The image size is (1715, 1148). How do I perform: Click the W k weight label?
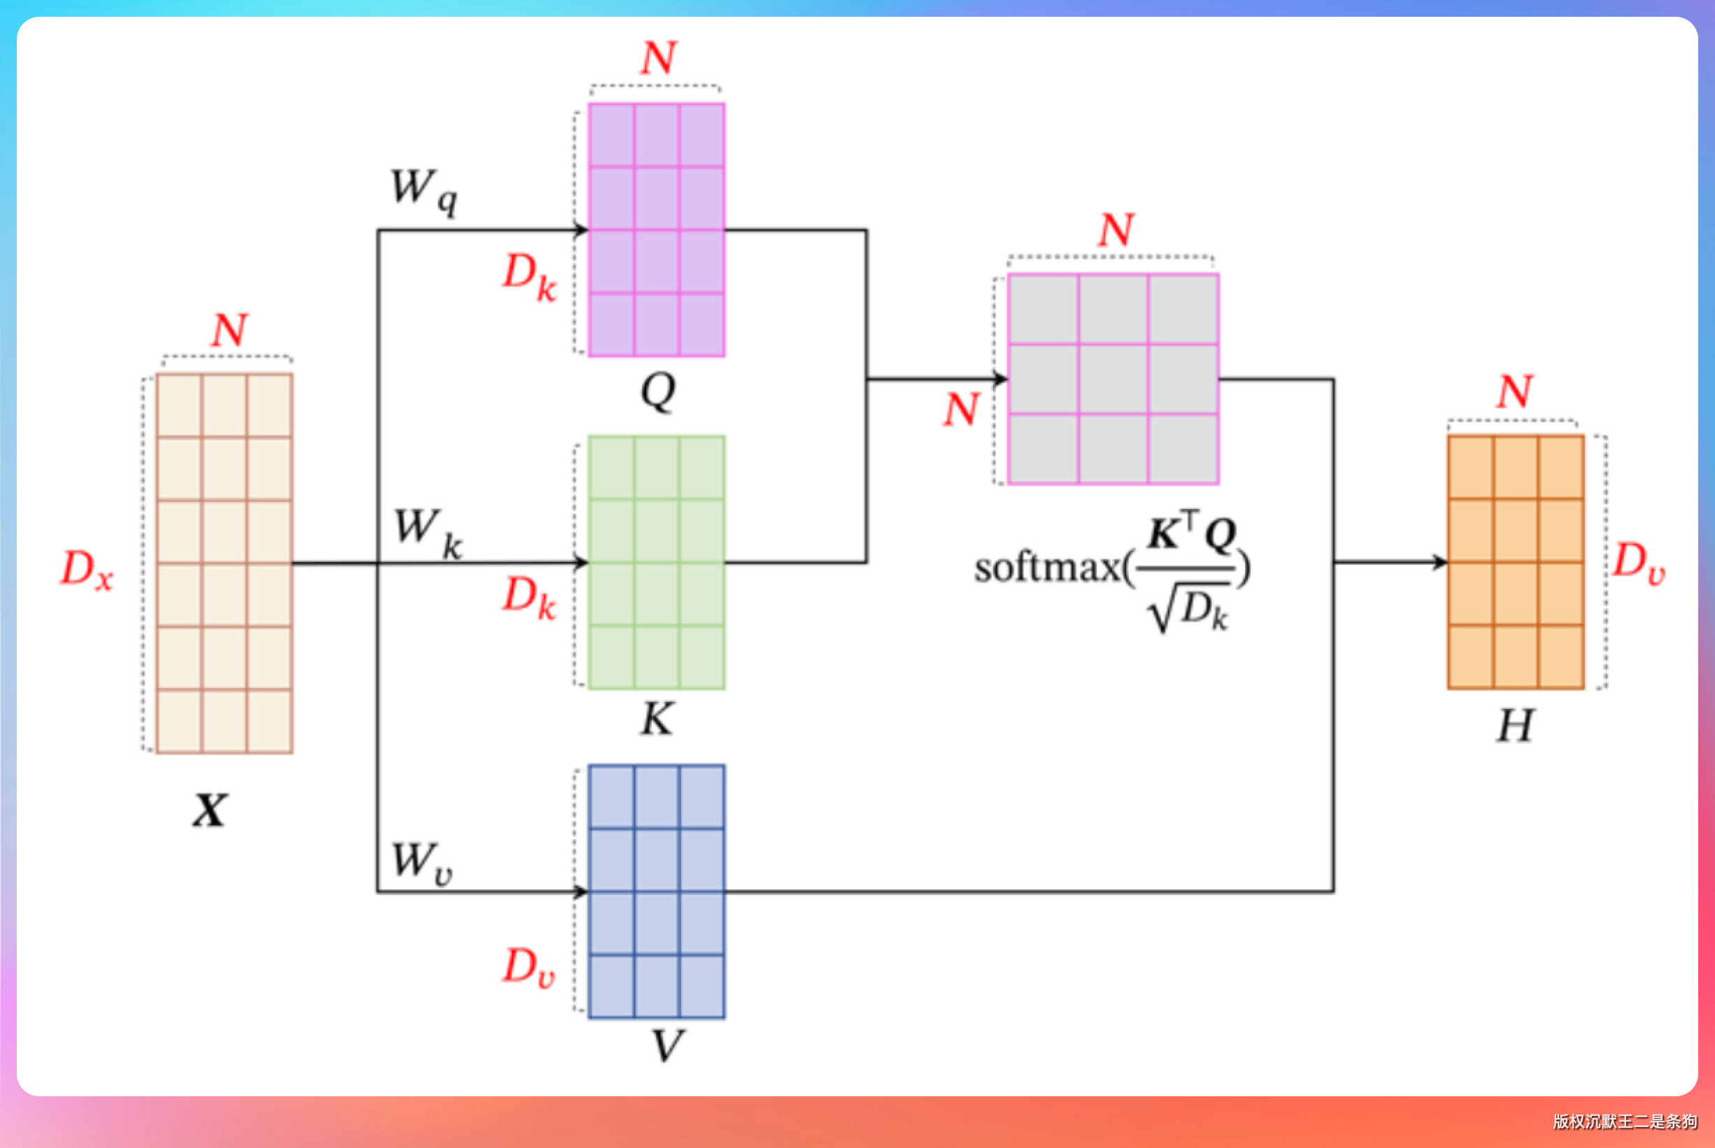[427, 532]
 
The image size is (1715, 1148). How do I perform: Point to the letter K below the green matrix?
[656, 719]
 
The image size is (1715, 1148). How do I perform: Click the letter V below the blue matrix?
[667, 1045]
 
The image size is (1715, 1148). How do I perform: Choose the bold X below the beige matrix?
[210, 810]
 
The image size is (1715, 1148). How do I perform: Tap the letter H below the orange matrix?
[1515, 726]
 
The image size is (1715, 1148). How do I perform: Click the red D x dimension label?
[87, 569]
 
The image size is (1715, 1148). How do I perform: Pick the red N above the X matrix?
[229, 329]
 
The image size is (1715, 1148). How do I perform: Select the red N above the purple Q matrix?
[658, 58]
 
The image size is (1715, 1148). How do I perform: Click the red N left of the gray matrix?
[961, 409]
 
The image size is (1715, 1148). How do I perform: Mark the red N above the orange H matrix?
[1514, 392]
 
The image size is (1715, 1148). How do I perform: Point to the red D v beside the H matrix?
[1639, 562]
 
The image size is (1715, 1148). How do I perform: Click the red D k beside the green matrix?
[529, 596]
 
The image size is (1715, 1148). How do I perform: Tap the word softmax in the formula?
[1047, 568]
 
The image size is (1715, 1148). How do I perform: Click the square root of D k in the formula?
[1188, 608]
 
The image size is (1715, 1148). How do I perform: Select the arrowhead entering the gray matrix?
[1000, 379]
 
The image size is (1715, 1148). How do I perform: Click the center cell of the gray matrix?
[1113, 379]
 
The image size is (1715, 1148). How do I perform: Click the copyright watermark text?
[1624, 1121]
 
